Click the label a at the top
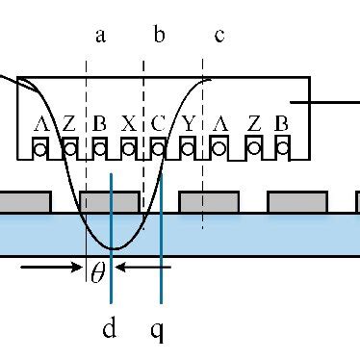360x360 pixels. coord(101,38)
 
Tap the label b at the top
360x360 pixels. coord(161,38)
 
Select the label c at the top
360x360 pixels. coord(219,38)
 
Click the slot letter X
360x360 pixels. coord(129,124)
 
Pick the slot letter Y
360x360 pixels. coord(189,124)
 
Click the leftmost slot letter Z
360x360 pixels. coord(69,124)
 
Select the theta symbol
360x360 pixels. coord(97,272)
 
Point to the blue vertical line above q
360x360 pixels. coord(162,231)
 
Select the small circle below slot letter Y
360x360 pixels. coord(190,148)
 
